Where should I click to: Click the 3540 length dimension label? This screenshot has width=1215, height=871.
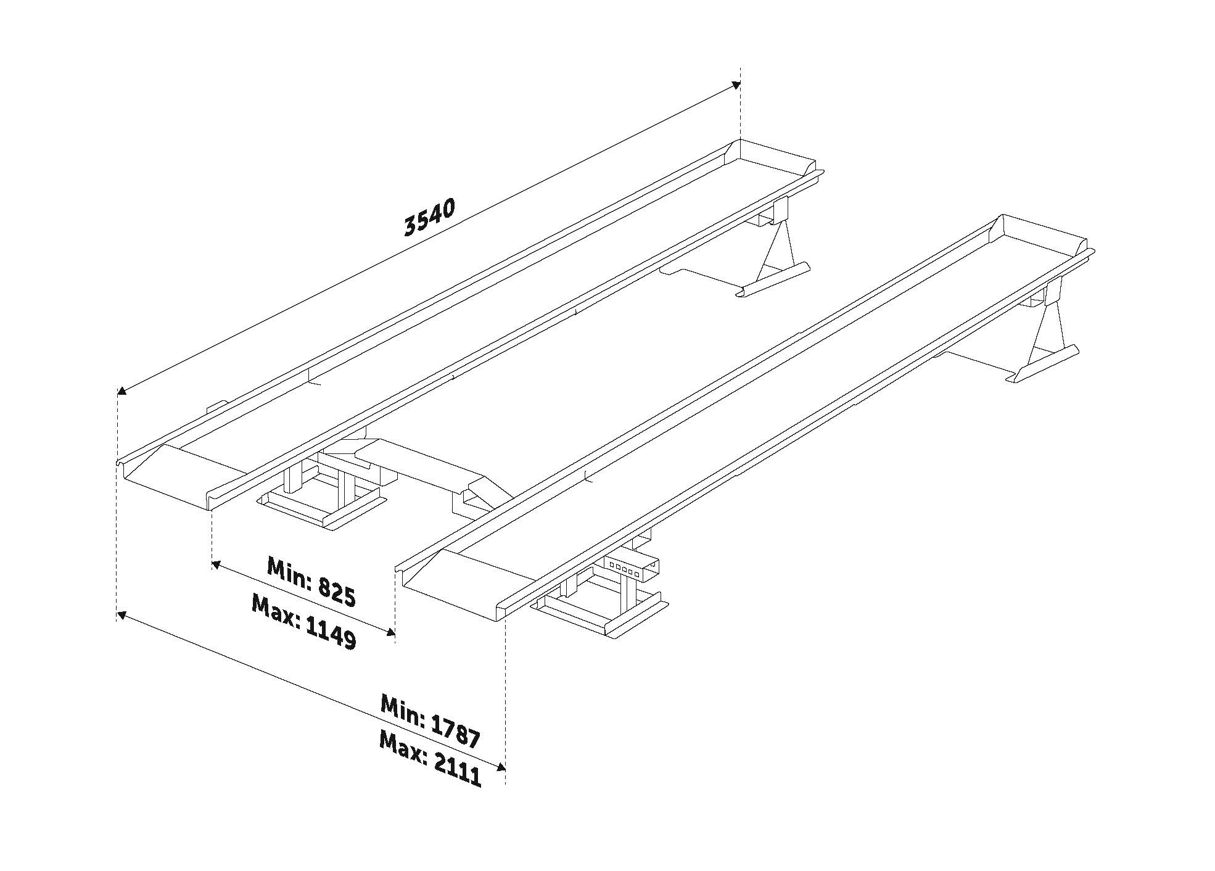pyautogui.click(x=429, y=217)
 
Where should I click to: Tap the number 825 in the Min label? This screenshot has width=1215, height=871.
pyautogui.click(x=337, y=593)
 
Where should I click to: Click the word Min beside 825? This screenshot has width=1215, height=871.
pyautogui.click(x=289, y=573)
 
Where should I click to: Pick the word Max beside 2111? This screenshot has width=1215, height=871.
pyautogui.click(x=402, y=748)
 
